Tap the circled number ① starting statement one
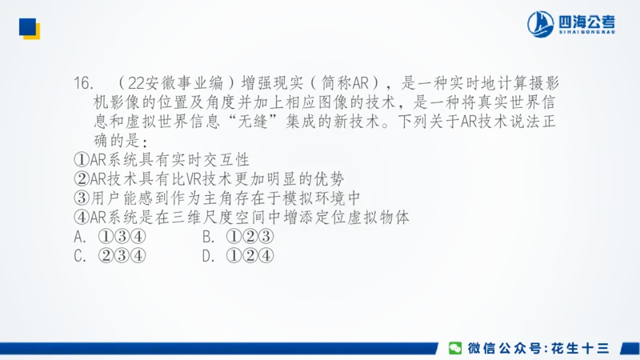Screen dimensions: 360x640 coord(80,159)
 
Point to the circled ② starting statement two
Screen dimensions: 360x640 coord(80,178)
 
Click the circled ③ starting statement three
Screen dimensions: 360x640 coord(80,198)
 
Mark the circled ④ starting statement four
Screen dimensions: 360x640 coord(80,218)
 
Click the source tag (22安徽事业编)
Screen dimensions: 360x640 coord(178,82)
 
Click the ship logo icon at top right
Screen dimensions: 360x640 coord(540,24)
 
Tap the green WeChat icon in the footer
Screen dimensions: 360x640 coord(454,348)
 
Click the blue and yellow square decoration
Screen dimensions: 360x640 coord(30,28)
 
